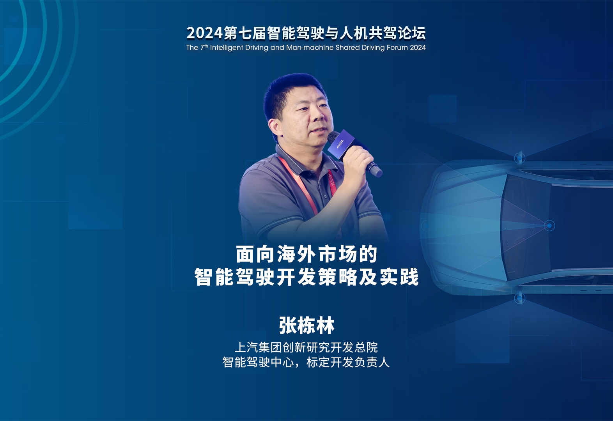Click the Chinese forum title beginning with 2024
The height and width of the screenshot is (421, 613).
click(x=306, y=33)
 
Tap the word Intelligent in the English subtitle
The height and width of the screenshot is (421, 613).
click(x=227, y=48)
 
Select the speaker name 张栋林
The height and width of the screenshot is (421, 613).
click(x=306, y=325)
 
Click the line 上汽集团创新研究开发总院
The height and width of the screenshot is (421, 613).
click(x=306, y=347)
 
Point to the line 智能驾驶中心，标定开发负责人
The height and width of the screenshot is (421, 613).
click(x=306, y=363)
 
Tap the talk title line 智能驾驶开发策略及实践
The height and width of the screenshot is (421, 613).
click(x=306, y=277)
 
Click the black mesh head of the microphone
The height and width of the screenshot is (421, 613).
click(x=333, y=137)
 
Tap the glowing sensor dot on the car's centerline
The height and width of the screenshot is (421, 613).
click(x=549, y=226)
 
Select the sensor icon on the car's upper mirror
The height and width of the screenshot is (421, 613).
click(x=519, y=158)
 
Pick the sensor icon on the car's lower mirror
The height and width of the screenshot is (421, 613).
click(x=519, y=298)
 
